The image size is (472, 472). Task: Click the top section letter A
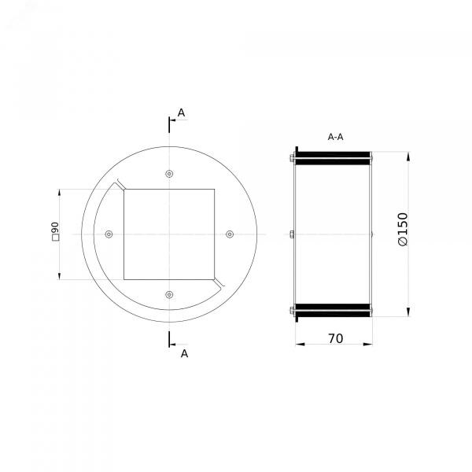click(181, 112)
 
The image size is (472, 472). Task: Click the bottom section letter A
click(184, 353)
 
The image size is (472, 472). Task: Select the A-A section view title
click(335, 137)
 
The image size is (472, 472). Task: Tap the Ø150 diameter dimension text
click(403, 230)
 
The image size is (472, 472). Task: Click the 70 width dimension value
click(335, 338)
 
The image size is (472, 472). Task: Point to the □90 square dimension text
click(55, 231)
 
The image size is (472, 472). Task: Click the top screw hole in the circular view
click(169, 174)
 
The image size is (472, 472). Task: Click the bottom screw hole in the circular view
click(169, 294)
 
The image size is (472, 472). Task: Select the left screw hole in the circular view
click(109, 234)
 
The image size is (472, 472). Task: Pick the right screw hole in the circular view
click(230, 234)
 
